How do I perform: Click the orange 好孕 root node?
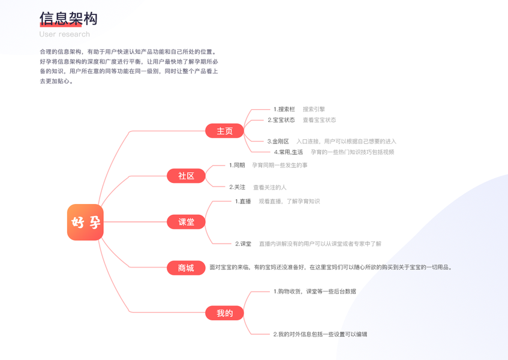coord(85,222)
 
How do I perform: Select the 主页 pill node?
coord(224,131)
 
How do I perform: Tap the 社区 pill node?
coord(187,176)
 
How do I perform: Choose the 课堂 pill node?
coord(187,222)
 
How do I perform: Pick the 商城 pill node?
coord(187,268)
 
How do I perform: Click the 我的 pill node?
coord(224,313)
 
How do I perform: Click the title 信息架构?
coord(68,19)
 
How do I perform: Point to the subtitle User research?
coord(65,34)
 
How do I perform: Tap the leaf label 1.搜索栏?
coord(284,109)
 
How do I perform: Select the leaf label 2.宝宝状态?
coord(281,120)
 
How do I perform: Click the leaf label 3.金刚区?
coord(278,142)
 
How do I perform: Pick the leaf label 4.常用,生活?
coord(288,152)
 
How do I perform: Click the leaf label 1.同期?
coord(237,165)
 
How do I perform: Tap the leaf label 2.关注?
coord(237,187)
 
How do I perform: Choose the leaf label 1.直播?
coord(243,201)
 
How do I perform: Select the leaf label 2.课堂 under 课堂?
coord(243,244)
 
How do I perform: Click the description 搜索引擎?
coord(314,109)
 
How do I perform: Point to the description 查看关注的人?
coord(269,187)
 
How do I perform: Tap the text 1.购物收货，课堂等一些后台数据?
coord(314,291)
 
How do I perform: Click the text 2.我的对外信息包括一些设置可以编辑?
coord(320,334)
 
